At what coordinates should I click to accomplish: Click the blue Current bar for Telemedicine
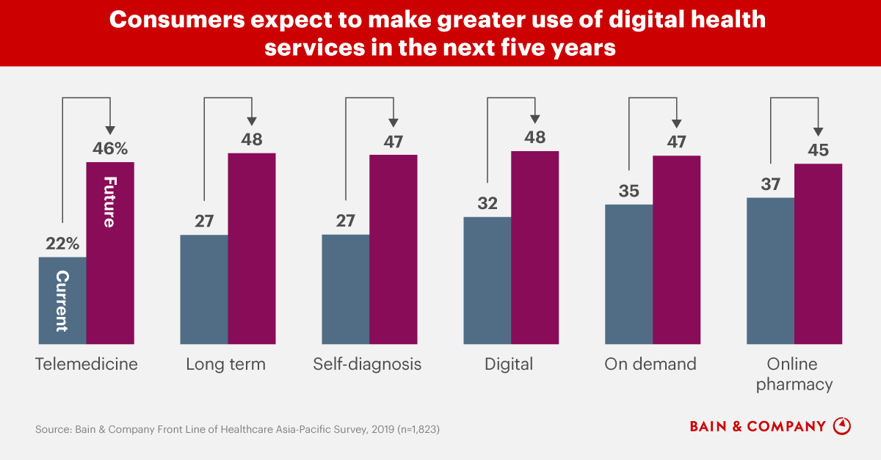click(62, 301)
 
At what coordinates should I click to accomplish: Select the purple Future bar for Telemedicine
click(110, 253)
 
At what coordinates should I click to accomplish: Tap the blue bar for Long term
click(204, 290)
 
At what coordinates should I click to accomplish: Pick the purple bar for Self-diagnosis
click(393, 249)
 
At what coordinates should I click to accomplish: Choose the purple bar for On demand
click(676, 249)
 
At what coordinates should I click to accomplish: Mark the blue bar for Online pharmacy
click(770, 271)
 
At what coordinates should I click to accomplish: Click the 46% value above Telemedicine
click(110, 149)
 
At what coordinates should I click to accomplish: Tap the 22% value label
click(61, 244)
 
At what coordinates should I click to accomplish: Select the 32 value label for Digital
click(487, 203)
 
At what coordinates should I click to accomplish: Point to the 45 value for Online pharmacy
click(818, 150)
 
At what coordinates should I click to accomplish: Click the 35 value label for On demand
click(628, 191)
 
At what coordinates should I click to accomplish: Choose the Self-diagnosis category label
click(367, 365)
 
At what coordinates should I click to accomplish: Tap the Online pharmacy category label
click(794, 374)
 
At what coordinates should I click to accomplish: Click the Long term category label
click(225, 365)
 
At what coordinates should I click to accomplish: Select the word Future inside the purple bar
click(109, 202)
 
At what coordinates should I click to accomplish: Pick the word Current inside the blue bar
click(62, 301)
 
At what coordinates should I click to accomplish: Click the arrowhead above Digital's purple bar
click(534, 118)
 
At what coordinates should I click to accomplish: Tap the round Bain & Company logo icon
click(843, 426)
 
